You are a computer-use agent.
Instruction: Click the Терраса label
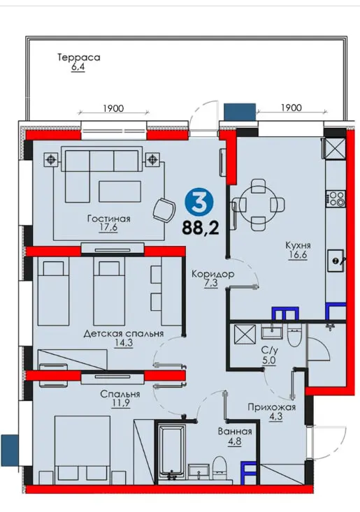tap(79, 57)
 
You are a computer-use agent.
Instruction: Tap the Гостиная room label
tap(109, 219)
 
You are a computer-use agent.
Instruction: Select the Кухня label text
tap(298, 245)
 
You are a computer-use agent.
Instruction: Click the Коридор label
tap(213, 274)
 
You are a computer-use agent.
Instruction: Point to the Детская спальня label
tap(124, 334)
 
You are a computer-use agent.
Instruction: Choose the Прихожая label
tap(271, 407)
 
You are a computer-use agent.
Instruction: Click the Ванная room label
tap(235, 432)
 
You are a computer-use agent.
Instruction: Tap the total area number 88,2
tap(200, 228)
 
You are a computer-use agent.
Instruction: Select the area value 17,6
tap(108, 228)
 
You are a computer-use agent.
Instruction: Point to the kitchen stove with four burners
tap(336, 198)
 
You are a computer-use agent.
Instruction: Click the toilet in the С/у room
tap(296, 335)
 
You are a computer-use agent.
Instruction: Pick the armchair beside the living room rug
tap(164, 210)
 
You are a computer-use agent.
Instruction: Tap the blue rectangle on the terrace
tap(240, 112)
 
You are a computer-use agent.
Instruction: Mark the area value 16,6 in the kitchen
tap(298, 254)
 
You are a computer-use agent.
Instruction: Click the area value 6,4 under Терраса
tap(78, 67)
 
